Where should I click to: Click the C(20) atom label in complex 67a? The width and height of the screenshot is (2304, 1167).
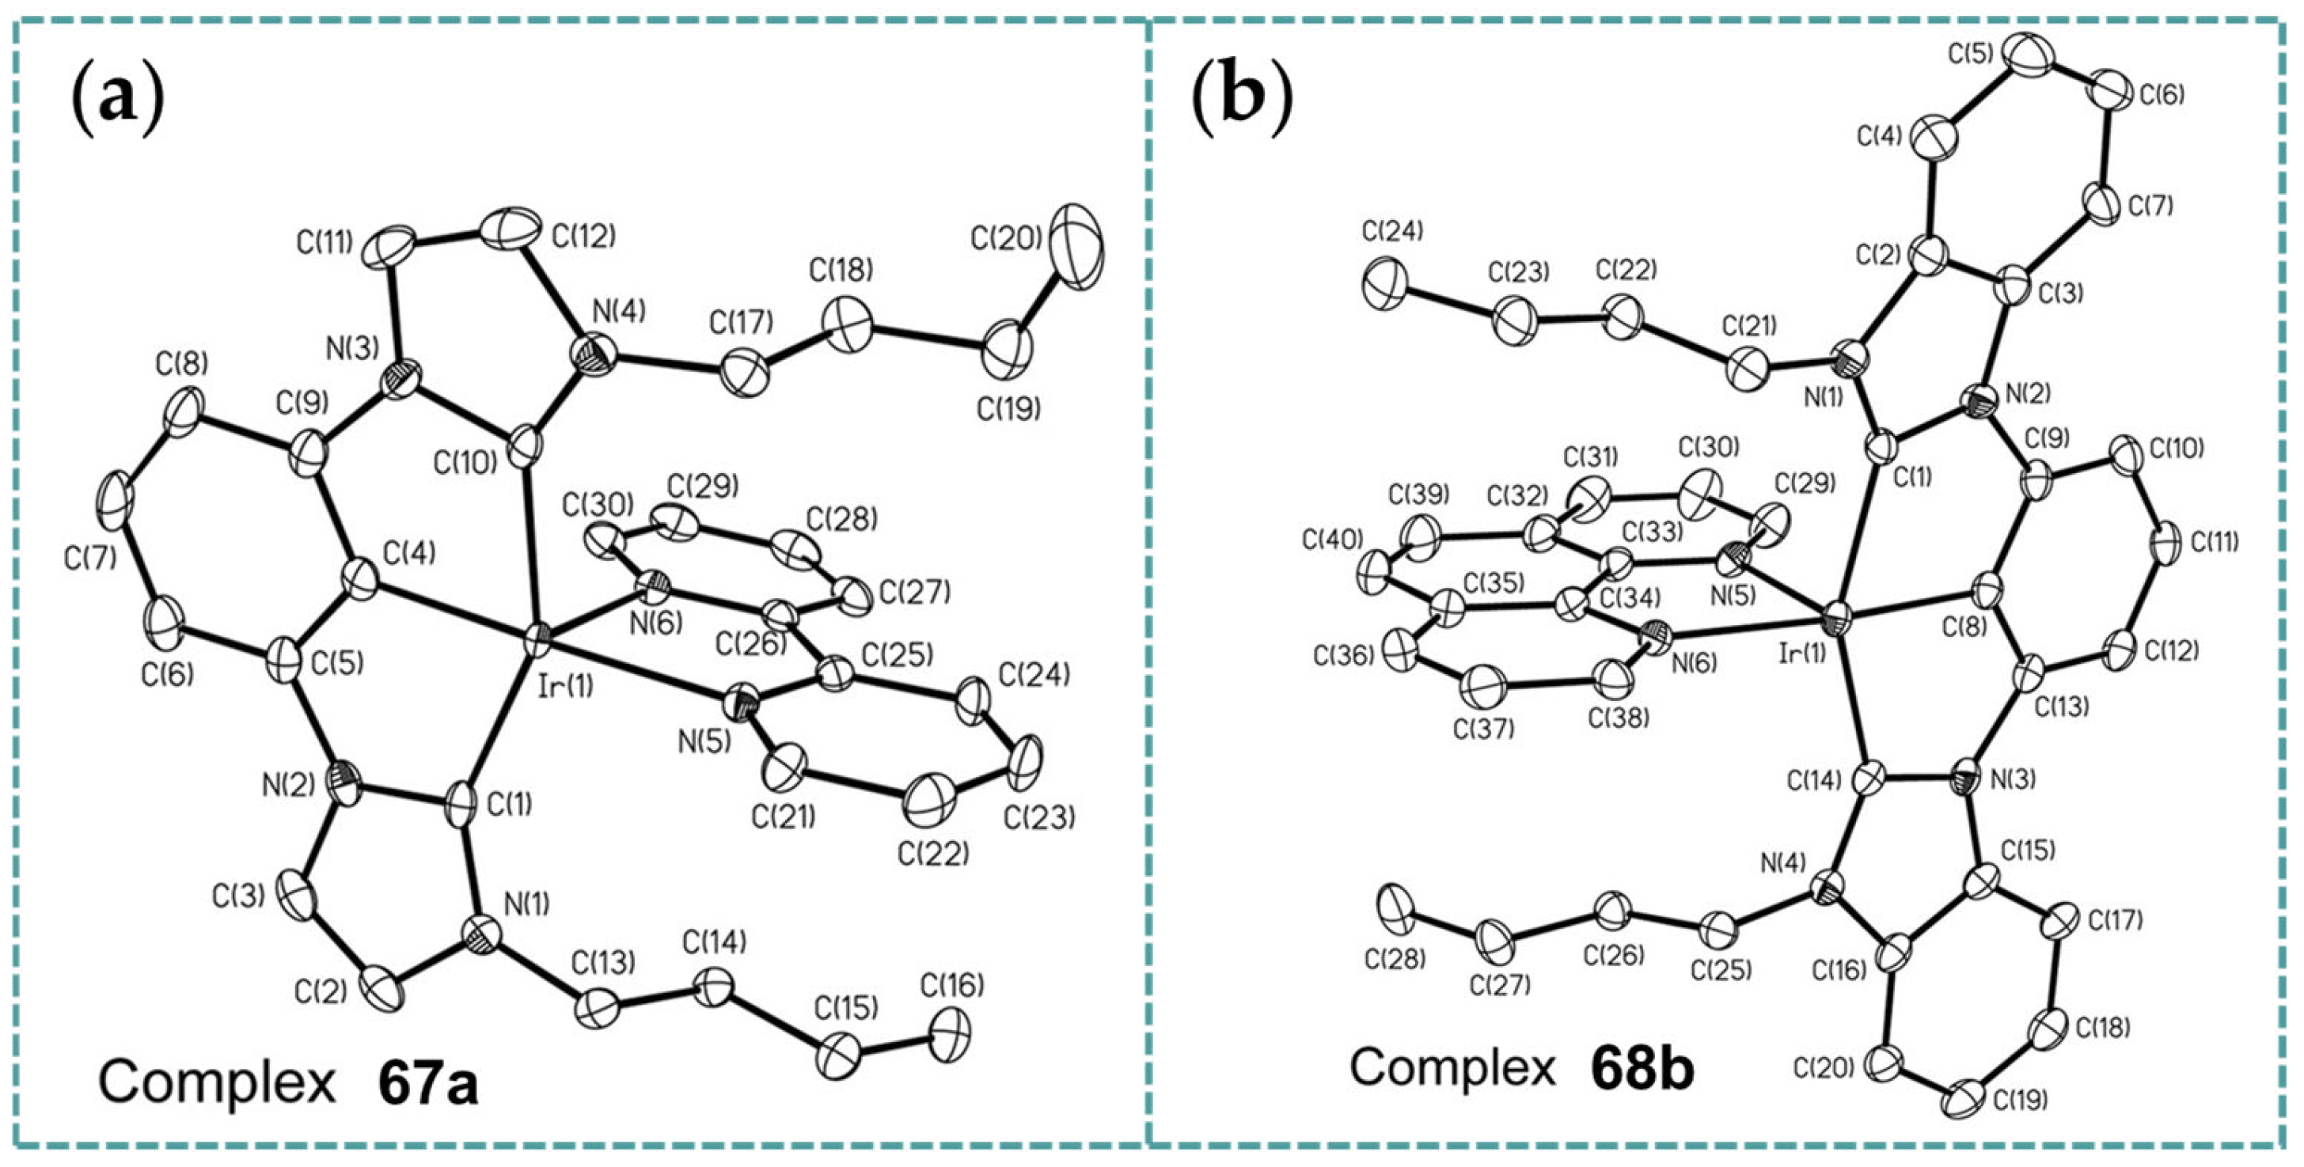[x=1005, y=238]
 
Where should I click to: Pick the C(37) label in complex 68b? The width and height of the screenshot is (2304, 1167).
[x=1484, y=729]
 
